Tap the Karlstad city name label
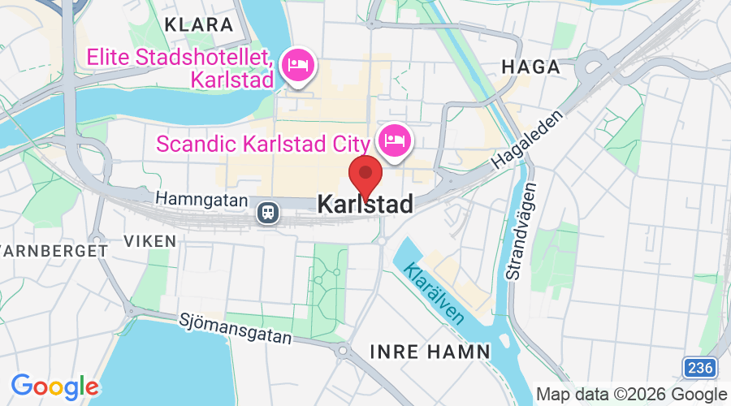(x=365, y=205)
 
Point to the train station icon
(x=267, y=213)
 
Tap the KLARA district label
(x=198, y=24)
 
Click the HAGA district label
(x=531, y=67)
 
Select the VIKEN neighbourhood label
(x=149, y=240)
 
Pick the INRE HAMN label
(x=430, y=352)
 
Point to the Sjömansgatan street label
(x=235, y=330)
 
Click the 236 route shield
(x=699, y=368)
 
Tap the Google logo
(x=54, y=387)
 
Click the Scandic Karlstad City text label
(x=262, y=144)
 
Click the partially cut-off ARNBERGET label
(x=53, y=251)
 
